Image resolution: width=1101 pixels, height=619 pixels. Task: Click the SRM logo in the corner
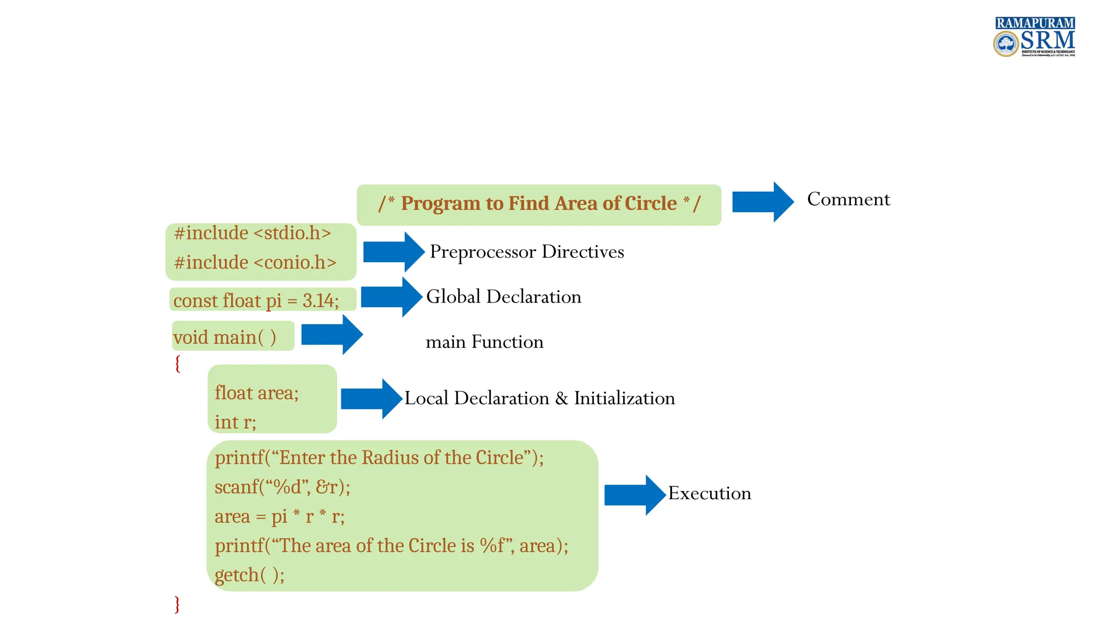click(1034, 37)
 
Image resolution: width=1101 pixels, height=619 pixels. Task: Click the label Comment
click(848, 199)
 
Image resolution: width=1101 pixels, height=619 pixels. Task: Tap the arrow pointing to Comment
click(762, 201)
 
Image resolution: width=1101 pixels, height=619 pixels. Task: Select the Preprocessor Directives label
click(526, 252)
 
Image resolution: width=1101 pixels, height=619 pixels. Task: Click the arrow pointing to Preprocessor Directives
click(394, 251)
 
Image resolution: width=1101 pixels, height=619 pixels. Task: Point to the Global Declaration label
click(503, 297)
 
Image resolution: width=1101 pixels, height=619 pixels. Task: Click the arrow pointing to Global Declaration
click(391, 297)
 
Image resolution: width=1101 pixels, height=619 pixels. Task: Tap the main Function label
click(484, 342)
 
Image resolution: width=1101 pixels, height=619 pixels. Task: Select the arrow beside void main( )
click(332, 335)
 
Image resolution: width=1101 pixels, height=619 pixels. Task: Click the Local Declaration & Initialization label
click(539, 398)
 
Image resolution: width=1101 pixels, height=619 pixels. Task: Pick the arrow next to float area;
click(371, 399)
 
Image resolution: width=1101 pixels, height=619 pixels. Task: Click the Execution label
click(709, 493)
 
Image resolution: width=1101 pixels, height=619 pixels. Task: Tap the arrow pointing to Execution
click(635, 495)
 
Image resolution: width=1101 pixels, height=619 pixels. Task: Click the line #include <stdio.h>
click(252, 233)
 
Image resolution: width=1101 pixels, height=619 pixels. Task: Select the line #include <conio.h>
click(255, 263)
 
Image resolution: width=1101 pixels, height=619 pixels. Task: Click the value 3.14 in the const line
click(319, 300)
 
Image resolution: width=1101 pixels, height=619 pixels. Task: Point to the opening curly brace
click(177, 364)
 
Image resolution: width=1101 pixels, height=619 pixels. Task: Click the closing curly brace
click(177, 604)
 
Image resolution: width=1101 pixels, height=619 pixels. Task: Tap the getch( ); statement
click(249, 575)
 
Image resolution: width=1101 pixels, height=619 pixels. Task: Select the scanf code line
click(282, 487)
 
